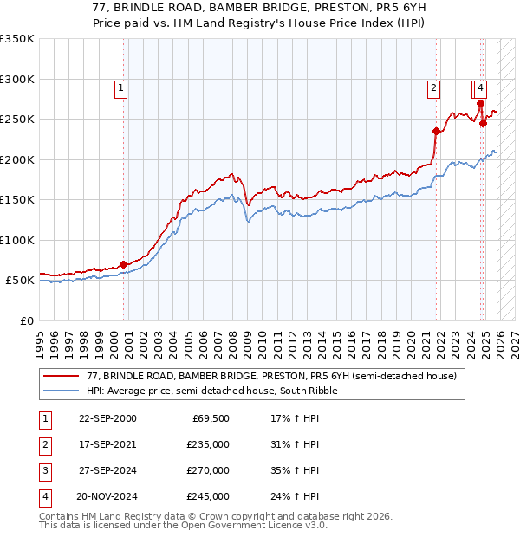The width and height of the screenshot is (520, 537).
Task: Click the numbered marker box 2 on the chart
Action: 432,87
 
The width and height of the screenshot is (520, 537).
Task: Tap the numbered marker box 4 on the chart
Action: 480,87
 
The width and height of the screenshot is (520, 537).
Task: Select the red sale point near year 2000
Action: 124,264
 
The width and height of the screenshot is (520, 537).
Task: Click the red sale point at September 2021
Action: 436,131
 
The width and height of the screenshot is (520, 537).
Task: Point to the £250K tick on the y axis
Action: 17,120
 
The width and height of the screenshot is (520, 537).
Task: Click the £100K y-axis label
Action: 17,240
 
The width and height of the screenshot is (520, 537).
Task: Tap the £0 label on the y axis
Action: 26,320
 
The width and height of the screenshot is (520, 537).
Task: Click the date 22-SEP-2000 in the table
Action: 107,418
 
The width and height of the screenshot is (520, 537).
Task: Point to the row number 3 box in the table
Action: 43,470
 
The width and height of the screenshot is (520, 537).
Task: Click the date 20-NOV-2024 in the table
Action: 107,496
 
